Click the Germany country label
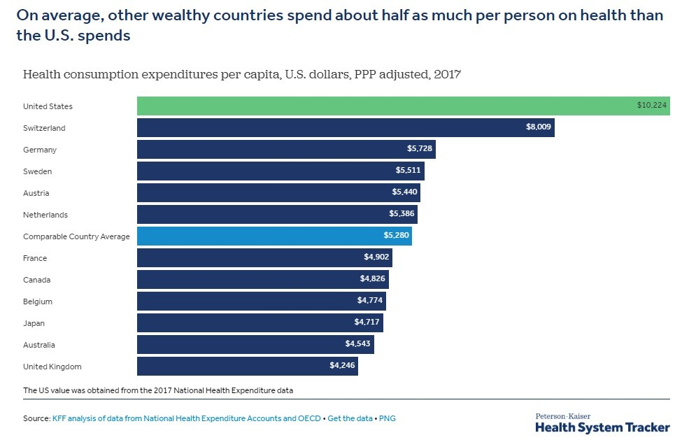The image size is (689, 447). pos(40,150)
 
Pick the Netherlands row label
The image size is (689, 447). pos(45,215)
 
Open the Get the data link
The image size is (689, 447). pos(350,419)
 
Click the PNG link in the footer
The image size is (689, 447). pos(388,419)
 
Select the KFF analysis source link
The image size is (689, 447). pos(187,419)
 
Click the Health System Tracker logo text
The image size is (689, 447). pos(602,427)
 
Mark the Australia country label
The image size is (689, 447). pos(39,345)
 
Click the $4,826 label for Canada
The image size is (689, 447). pos(372,280)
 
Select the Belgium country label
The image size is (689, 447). pos(38,301)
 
